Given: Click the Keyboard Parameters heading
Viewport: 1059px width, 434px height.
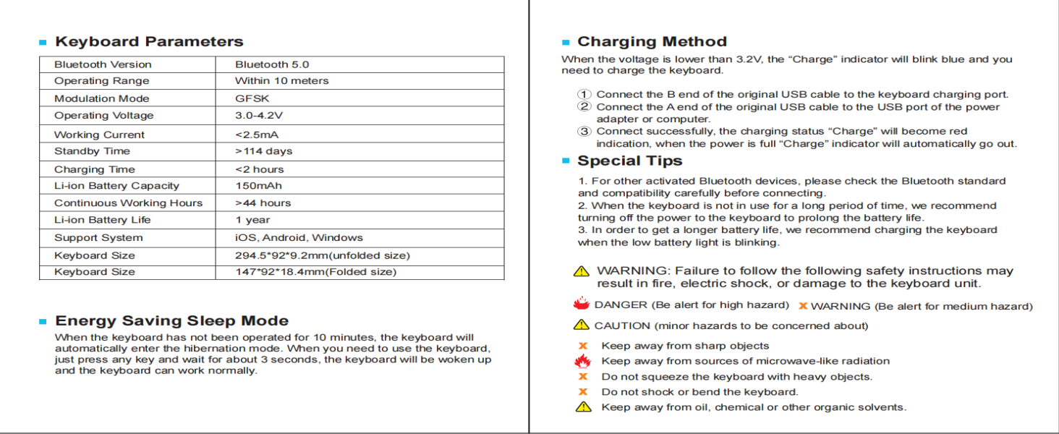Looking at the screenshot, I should click(x=149, y=42).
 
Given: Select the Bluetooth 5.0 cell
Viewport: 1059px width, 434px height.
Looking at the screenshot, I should click(x=272, y=64).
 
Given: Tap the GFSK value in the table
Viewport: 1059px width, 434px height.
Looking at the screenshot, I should click(x=252, y=98).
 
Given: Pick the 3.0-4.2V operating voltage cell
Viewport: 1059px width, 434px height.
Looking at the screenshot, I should click(x=259, y=116).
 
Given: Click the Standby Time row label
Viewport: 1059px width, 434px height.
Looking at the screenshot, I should click(x=92, y=151).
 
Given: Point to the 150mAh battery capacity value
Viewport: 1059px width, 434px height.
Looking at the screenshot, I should click(x=258, y=186).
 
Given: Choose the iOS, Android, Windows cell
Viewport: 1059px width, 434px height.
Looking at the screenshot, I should click(x=299, y=237).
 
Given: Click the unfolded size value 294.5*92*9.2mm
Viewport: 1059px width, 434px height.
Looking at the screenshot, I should click(x=322, y=255).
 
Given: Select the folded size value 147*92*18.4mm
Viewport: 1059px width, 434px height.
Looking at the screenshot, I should click(x=315, y=272).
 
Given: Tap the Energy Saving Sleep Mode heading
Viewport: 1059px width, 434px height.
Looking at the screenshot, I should click(x=171, y=321).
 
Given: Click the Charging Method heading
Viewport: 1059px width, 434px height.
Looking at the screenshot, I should click(x=652, y=42).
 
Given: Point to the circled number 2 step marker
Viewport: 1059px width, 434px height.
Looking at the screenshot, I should click(x=584, y=107).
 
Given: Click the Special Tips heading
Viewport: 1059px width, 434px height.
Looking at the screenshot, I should click(x=629, y=161).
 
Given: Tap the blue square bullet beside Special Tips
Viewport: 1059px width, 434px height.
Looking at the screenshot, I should click(x=566, y=161).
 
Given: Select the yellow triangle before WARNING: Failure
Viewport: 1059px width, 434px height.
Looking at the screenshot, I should click(x=582, y=271).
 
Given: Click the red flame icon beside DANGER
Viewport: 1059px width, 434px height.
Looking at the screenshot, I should click(x=581, y=304).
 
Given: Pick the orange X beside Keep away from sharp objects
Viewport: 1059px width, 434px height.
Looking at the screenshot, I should click(x=582, y=346).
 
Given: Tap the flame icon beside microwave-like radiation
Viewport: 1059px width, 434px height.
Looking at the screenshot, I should click(x=582, y=361).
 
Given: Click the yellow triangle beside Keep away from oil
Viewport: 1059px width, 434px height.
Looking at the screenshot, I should click(x=583, y=407).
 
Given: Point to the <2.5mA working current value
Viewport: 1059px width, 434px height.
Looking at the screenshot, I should click(x=257, y=135).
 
